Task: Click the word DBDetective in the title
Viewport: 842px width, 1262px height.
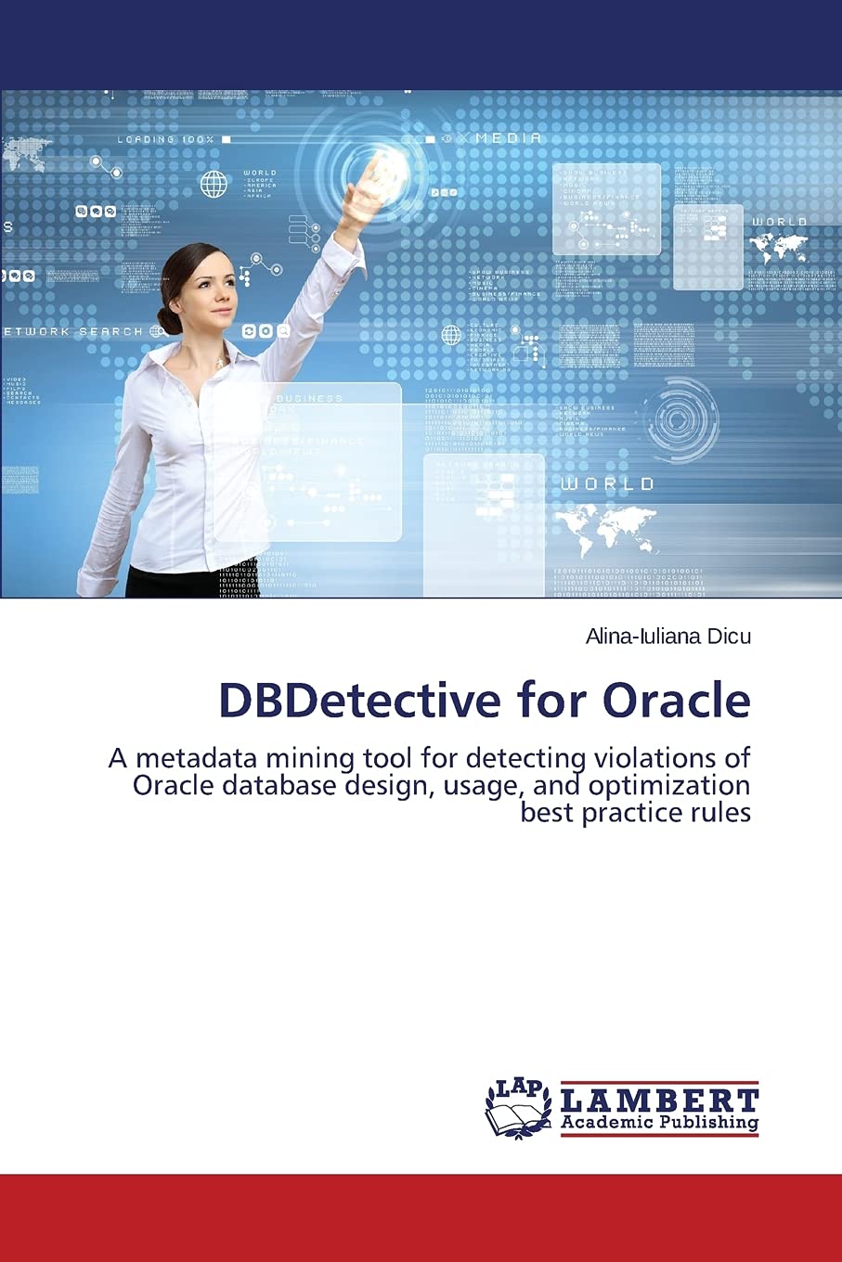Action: tap(358, 701)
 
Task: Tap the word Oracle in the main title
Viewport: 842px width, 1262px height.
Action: tap(676, 701)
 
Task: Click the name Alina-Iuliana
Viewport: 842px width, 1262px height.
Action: tap(641, 637)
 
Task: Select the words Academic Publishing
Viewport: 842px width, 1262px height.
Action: tap(660, 1123)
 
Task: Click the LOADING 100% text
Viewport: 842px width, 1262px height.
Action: tap(165, 140)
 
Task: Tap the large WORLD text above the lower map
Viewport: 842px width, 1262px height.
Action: tap(607, 484)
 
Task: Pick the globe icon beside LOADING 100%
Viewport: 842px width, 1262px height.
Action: tap(214, 184)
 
